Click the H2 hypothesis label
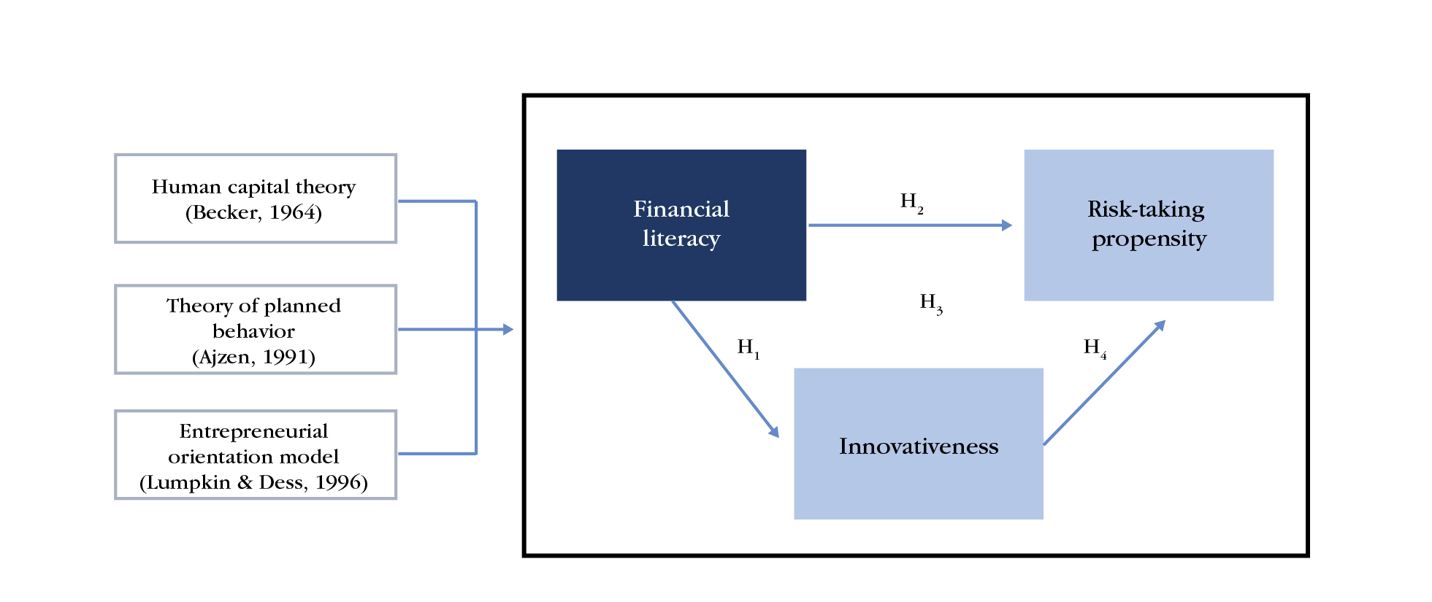(x=911, y=201)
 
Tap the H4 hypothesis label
(x=1095, y=347)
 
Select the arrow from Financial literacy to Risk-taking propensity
(x=909, y=225)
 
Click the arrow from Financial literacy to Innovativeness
(x=724, y=368)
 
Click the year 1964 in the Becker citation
(x=295, y=212)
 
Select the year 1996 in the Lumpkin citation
(x=341, y=482)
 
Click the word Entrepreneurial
(x=253, y=431)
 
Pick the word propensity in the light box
(x=1149, y=239)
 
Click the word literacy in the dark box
(x=681, y=239)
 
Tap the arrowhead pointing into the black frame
(x=508, y=330)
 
